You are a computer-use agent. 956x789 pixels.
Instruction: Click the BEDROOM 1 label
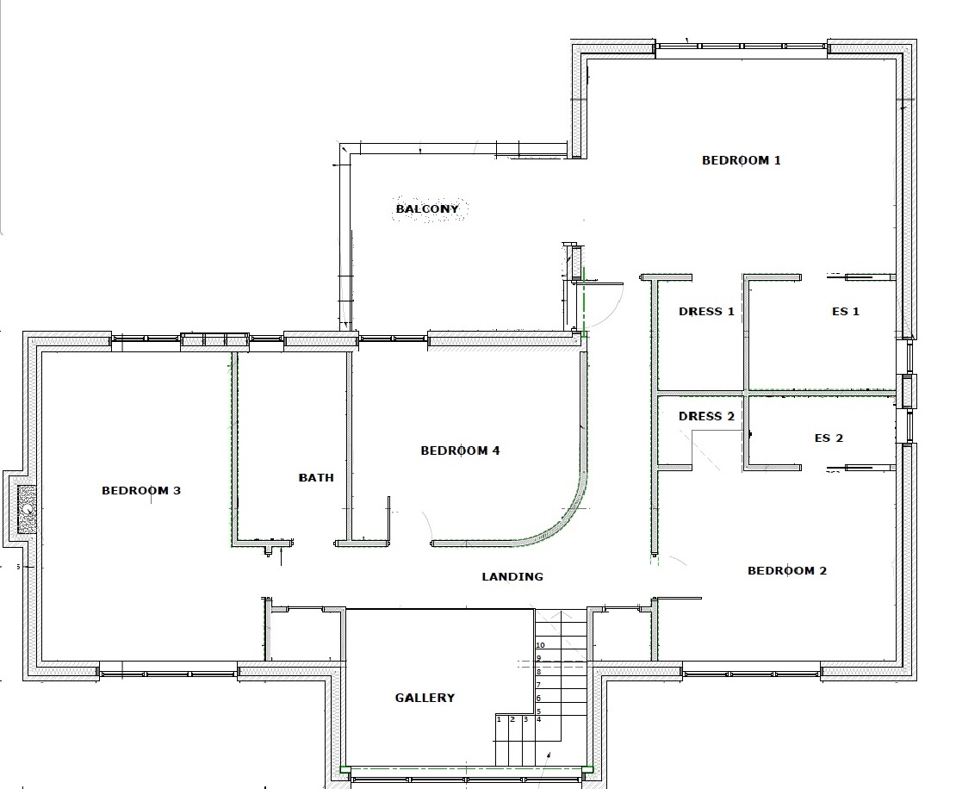pos(741,160)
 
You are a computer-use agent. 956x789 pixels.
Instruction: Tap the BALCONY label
pos(427,208)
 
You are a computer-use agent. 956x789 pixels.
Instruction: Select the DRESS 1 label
pos(706,312)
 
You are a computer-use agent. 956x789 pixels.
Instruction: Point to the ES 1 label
pos(846,312)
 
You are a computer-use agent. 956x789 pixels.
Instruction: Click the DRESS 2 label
pos(706,416)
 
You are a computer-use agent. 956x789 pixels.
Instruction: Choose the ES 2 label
pos(829,438)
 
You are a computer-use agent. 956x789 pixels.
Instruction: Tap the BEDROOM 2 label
pos(787,571)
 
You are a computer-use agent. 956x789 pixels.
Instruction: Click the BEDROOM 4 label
pos(460,450)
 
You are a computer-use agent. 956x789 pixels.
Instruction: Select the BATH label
pos(316,477)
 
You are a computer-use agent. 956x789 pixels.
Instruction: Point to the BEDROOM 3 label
pos(141,490)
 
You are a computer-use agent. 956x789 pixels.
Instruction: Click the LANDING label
pos(512,576)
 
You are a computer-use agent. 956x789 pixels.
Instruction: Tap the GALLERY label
pos(425,698)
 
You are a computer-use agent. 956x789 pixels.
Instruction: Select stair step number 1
pos(499,719)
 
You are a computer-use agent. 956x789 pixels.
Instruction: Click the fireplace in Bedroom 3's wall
pos(26,509)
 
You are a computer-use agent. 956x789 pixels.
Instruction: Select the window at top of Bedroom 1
pos(742,46)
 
